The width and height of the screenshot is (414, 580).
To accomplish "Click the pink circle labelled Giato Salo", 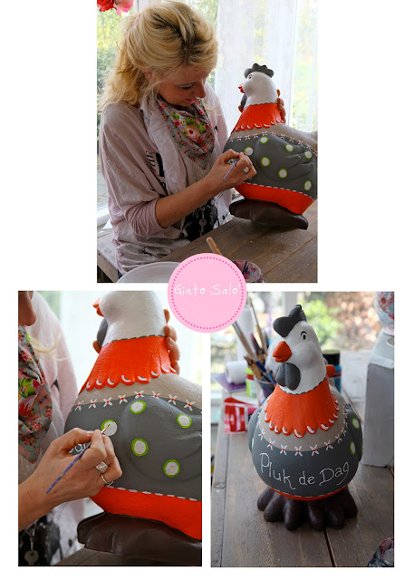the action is [207, 292].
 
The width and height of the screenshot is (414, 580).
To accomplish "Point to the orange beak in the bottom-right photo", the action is [282, 352].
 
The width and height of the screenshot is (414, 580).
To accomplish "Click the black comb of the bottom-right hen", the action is [291, 321].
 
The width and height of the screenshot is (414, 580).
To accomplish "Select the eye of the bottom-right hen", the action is [303, 336].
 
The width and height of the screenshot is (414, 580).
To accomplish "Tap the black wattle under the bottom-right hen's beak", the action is [288, 374].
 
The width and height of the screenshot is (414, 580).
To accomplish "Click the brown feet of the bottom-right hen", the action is [307, 510].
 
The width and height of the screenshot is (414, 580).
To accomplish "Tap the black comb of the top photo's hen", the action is [259, 70].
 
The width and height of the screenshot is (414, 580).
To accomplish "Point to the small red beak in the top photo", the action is [241, 89].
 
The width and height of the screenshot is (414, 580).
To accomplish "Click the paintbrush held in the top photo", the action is [230, 169].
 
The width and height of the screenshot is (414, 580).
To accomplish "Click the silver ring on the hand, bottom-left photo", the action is [101, 468].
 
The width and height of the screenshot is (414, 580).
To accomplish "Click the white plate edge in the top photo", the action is [148, 271].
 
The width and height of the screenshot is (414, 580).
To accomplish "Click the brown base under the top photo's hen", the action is [269, 214].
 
